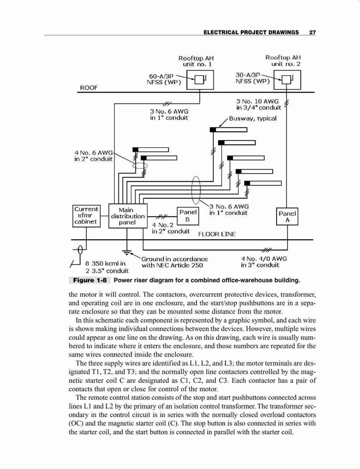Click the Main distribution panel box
pyautogui.click(x=127, y=216)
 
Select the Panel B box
pyautogui.click(x=188, y=216)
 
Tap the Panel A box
pyautogui.click(x=287, y=217)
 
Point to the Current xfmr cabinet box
pyautogui.click(x=86, y=216)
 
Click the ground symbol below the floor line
pyautogui.click(x=127, y=252)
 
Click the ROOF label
pyautogui.click(x=89, y=88)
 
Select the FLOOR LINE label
pyautogui.click(x=217, y=234)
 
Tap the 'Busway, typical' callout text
pyautogui.click(x=253, y=119)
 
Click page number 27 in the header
pyautogui.click(x=313, y=32)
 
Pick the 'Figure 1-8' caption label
pyautogui.click(x=90, y=280)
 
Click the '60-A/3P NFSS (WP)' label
pyautogui.click(x=164, y=79)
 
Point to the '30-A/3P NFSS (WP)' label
pyautogui.click(x=252, y=78)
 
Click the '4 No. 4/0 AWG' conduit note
pyautogui.click(x=264, y=258)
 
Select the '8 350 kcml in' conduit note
pyautogui.click(x=105, y=264)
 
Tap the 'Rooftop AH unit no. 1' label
pyautogui.click(x=196, y=61)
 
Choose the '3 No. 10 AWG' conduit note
pyautogui.click(x=257, y=101)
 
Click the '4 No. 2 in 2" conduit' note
pyautogui.click(x=171, y=228)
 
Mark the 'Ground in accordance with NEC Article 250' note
pyautogui.click(x=174, y=262)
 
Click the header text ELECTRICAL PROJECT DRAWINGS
pyautogui.click(x=251, y=32)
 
